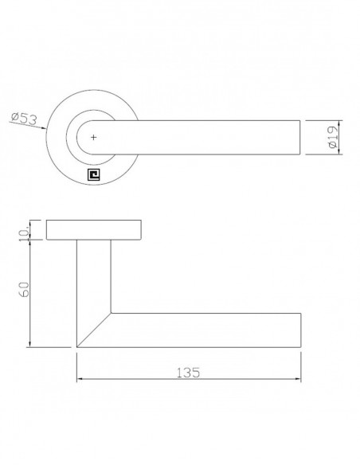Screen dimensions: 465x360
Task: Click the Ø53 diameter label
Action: (x=24, y=119)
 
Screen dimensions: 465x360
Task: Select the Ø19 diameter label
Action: (x=333, y=138)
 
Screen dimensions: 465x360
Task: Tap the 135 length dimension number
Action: (x=188, y=372)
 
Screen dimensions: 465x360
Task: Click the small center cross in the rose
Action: (x=93, y=139)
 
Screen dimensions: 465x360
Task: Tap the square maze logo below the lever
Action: (x=93, y=174)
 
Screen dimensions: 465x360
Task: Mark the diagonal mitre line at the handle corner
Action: (x=94, y=329)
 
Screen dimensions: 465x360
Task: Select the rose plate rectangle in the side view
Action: (x=94, y=230)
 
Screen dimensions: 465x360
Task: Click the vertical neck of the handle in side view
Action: (x=93, y=279)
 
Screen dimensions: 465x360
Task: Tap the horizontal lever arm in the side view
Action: (x=207, y=329)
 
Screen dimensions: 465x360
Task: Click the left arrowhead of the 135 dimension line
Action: (x=80, y=381)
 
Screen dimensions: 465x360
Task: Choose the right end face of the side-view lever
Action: (x=301, y=329)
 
